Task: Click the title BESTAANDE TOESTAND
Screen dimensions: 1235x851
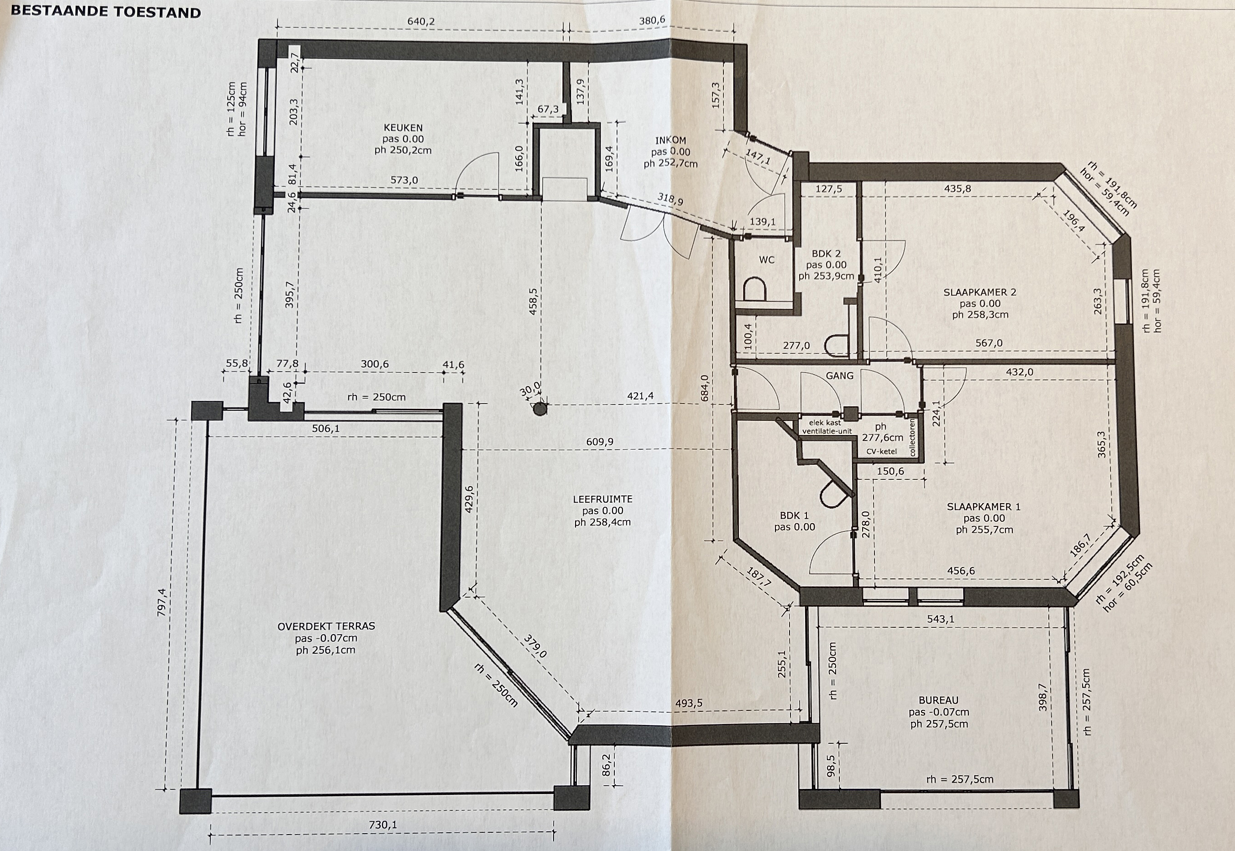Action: [106, 12]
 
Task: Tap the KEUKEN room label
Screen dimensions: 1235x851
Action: [403, 128]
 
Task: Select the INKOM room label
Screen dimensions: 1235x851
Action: [670, 141]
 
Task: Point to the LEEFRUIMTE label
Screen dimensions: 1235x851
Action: [603, 499]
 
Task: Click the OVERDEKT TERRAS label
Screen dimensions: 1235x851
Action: [326, 626]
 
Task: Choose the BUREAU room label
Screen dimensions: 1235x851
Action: [939, 700]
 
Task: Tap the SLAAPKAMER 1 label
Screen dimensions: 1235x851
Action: [984, 507]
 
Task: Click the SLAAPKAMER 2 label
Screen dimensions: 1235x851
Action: [980, 292]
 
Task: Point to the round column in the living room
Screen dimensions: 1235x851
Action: [540, 409]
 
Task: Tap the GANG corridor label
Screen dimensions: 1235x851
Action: [839, 375]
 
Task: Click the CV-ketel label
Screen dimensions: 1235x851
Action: [881, 451]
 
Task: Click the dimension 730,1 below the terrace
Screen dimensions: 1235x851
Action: [383, 825]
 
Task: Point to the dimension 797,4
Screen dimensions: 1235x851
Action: [162, 603]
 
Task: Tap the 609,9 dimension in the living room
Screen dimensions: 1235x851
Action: [600, 441]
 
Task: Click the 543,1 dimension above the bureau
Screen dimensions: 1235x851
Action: [940, 619]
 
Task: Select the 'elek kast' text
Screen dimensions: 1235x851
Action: [825, 423]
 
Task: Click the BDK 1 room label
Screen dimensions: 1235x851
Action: [794, 515]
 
